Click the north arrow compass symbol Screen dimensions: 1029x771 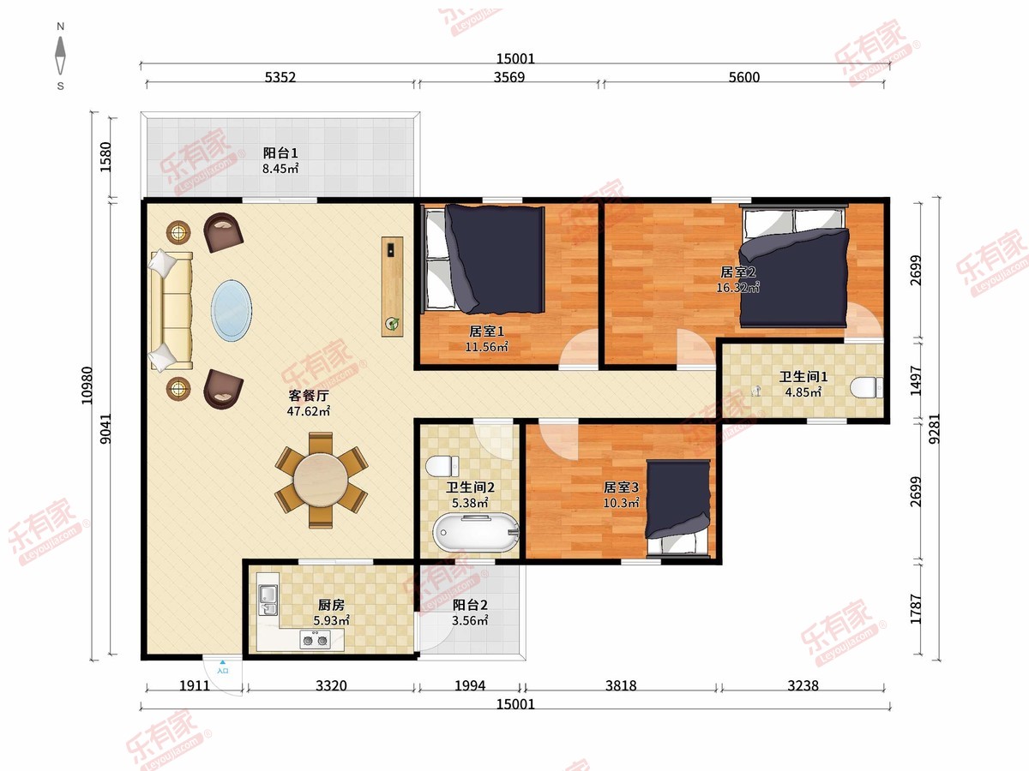[x=61, y=56]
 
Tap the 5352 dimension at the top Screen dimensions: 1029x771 [x=280, y=77]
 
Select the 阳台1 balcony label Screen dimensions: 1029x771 [x=280, y=153]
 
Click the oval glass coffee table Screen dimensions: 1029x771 [x=232, y=310]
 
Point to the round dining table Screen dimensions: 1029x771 [x=321, y=480]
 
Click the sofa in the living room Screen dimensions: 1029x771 [x=171, y=310]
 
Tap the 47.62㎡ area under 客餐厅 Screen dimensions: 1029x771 [x=309, y=411]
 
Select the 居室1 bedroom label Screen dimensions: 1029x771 [x=486, y=332]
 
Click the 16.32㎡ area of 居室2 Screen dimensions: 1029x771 [x=737, y=288]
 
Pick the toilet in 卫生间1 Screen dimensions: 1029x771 [x=866, y=388]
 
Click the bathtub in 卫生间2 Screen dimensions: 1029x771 [x=476, y=533]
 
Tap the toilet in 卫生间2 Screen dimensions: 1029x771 [x=442, y=466]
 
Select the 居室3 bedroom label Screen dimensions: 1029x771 [x=621, y=487]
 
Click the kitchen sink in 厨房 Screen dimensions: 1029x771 [x=268, y=601]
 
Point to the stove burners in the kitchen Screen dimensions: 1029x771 [x=315, y=640]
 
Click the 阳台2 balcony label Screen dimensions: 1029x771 [x=470, y=605]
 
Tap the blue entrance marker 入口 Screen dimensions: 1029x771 [x=223, y=667]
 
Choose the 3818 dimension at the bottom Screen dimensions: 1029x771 [x=621, y=686]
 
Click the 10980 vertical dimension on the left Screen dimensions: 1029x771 [x=87, y=385]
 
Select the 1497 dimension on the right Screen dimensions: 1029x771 [x=916, y=380]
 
